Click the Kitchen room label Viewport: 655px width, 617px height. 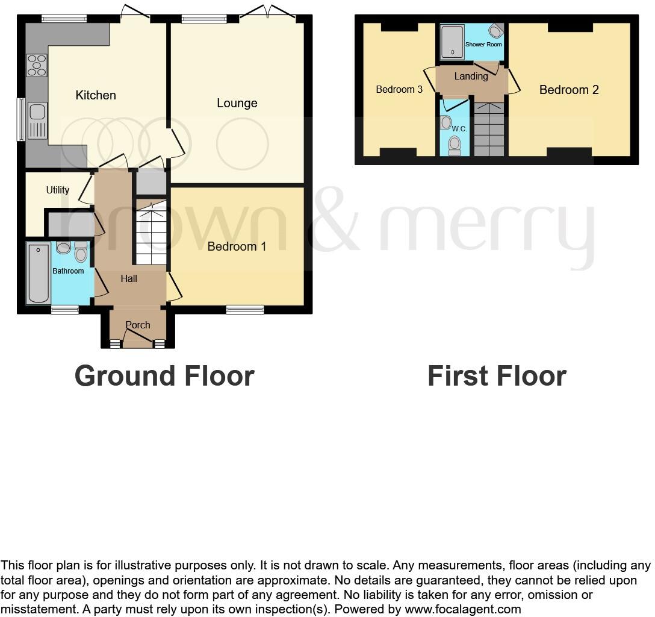click(x=96, y=95)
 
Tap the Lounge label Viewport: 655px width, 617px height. click(x=237, y=103)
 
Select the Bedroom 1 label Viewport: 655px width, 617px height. click(x=237, y=246)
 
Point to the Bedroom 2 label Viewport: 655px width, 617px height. click(x=569, y=90)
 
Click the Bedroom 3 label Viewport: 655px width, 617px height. click(x=399, y=90)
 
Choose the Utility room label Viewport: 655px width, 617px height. click(x=58, y=190)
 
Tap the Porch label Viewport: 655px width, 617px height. click(x=138, y=325)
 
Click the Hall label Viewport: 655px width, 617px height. click(x=129, y=278)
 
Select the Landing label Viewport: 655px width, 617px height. click(x=471, y=77)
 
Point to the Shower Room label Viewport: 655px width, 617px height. click(x=483, y=45)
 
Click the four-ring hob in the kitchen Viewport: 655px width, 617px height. click(x=37, y=65)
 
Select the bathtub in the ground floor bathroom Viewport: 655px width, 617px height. click(x=39, y=274)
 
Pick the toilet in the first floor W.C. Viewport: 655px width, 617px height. click(x=455, y=144)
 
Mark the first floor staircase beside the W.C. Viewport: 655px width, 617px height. click(x=488, y=130)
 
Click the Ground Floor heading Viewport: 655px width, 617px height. click(x=164, y=376)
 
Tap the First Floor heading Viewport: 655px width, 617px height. click(x=497, y=376)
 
